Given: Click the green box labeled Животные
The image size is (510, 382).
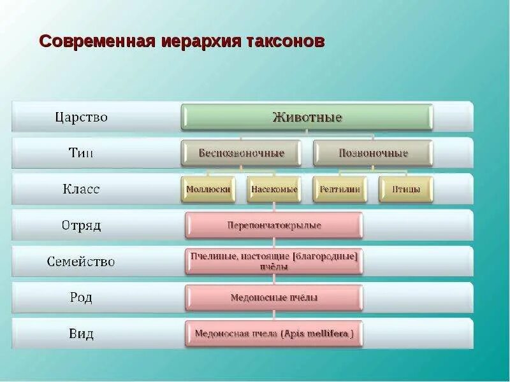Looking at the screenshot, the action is tap(307, 117).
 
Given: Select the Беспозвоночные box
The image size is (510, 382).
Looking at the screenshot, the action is tap(241, 153).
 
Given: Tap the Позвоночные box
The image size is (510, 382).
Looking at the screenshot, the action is tap(373, 153).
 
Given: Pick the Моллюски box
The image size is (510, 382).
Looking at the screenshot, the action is tap(207, 189).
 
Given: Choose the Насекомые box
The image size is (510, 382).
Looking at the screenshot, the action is tap(274, 189).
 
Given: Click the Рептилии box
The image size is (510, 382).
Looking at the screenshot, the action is tap(340, 189).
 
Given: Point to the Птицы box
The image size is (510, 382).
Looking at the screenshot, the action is tap(405, 189).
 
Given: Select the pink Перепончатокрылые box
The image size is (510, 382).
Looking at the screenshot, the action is tap(274, 225).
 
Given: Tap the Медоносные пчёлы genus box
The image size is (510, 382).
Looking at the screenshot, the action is tap(274, 297).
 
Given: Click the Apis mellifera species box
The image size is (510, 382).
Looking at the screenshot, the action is tap(274, 334).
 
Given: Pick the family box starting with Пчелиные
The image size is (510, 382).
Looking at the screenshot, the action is tap(274, 261).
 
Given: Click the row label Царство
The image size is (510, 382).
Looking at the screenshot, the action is tap(81, 117).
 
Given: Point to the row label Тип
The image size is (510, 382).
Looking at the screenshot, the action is tap(81, 153).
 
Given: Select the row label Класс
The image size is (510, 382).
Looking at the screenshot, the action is tap(81, 189).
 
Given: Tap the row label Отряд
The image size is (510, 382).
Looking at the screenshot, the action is tap(81, 225).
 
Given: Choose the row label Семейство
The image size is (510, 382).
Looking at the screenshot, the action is tap(81, 261).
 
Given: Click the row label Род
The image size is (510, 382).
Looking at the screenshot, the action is tap(81, 297).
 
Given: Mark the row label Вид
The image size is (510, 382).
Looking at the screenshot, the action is tap(81, 334).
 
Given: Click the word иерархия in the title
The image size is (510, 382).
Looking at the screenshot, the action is tap(199, 41).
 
